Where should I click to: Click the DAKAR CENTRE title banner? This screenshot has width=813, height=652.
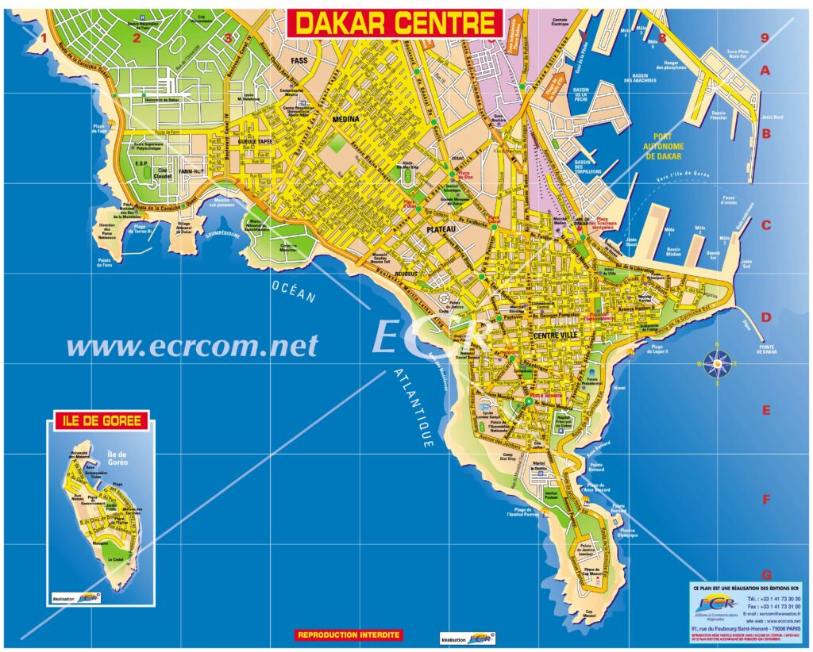pyautogui.click(x=395, y=23)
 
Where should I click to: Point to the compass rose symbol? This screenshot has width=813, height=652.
pyautogui.click(x=717, y=364)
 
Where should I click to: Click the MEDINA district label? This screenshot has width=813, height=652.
pyautogui.click(x=346, y=119)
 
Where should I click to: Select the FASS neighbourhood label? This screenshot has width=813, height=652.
pyautogui.click(x=299, y=60)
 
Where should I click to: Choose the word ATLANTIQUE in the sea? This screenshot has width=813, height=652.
pyautogui.click(x=412, y=409)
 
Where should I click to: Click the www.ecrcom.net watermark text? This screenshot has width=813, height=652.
pyautogui.click(x=192, y=346)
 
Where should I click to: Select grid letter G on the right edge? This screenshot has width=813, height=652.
pyautogui.click(x=766, y=574)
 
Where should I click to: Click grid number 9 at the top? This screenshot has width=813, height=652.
pyautogui.click(x=764, y=37)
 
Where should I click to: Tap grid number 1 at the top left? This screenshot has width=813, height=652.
pyautogui.click(x=44, y=37)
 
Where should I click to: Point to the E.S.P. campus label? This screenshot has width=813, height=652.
pyautogui.click(x=142, y=163)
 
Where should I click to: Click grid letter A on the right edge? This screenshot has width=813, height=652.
pyautogui.click(x=766, y=71)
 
